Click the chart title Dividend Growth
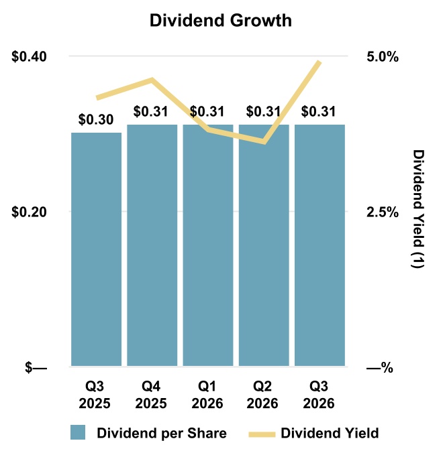(x=221, y=21)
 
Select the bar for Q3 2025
(x=97, y=249)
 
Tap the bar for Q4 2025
(x=152, y=245)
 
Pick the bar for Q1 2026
(x=208, y=245)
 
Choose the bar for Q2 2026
(x=264, y=245)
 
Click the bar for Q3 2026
(x=319, y=245)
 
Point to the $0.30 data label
(x=96, y=119)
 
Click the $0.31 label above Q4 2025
(x=150, y=111)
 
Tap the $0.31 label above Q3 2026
(x=318, y=111)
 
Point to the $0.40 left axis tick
(x=29, y=56)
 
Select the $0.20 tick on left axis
(x=29, y=212)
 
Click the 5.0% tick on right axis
(x=383, y=57)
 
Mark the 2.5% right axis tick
(x=383, y=212)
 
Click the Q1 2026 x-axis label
(x=207, y=395)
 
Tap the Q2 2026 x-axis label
(x=262, y=395)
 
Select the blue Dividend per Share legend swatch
(x=78, y=432)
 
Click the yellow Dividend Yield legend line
(x=262, y=434)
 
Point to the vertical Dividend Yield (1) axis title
(x=418, y=208)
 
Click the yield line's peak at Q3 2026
(x=319, y=62)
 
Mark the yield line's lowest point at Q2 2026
(x=264, y=141)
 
